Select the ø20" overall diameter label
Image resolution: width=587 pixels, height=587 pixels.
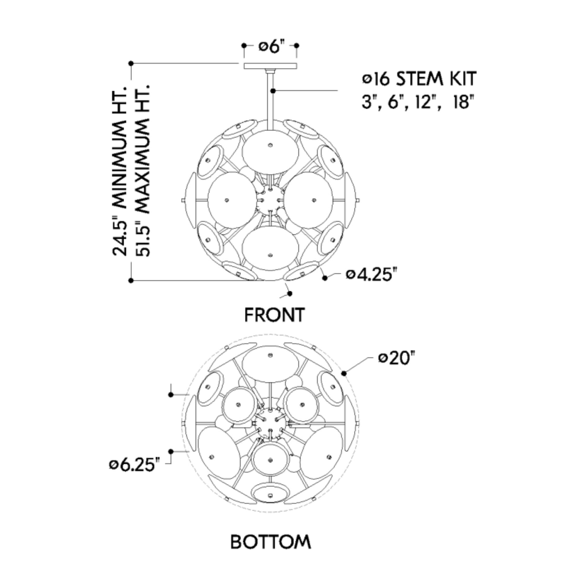(x=397, y=358)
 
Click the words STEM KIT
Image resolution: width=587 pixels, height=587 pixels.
(x=436, y=79)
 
